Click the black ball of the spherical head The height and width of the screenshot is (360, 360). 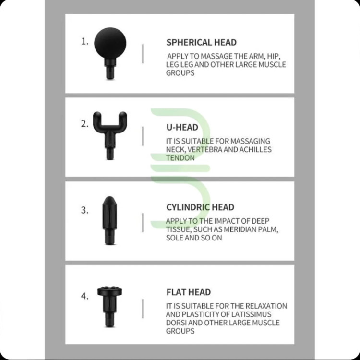110,43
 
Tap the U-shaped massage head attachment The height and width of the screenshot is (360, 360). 110,135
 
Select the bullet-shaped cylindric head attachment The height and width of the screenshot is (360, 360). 109,220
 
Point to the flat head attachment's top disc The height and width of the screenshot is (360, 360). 110,291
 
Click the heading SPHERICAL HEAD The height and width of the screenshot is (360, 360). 201,42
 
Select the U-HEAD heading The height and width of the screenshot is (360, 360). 182,127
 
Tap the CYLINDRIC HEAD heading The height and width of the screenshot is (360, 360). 200,207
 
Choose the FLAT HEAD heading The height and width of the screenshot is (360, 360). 189,292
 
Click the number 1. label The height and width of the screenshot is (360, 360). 84,42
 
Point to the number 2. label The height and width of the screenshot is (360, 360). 84,124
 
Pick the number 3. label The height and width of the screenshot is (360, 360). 84,210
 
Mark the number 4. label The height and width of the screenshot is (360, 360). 84,296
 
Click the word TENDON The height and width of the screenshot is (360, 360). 180,158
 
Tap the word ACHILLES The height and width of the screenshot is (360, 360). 255,149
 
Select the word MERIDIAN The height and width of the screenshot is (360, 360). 239,229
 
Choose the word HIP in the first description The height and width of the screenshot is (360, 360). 274,57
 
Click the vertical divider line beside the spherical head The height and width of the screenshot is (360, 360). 143,54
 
